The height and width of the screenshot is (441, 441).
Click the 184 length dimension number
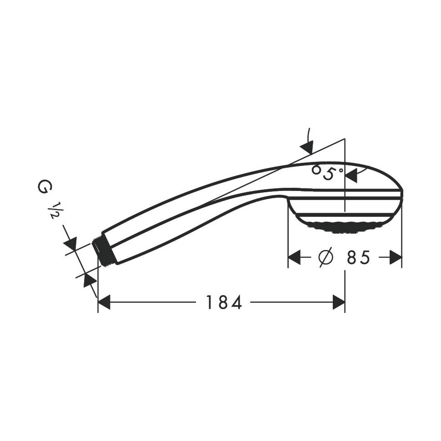[x=224, y=302]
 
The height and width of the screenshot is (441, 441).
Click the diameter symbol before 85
[x=326, y=257]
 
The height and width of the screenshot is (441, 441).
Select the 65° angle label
[x=327, y=172]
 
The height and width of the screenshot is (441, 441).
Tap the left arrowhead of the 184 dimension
[x=104, y=302]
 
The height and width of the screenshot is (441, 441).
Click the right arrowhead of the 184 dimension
[x=339, y=302]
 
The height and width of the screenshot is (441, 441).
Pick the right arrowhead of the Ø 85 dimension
[x=396, y=257]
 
